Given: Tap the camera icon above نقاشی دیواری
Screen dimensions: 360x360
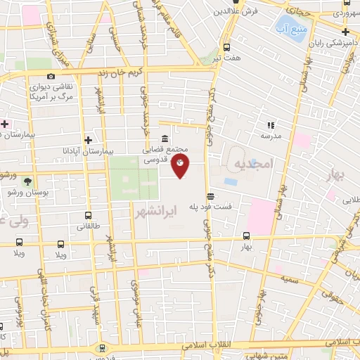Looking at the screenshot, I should coord(51,76).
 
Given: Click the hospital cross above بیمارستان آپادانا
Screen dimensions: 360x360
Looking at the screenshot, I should coord(87,139).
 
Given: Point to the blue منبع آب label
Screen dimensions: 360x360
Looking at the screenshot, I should coord(290,31).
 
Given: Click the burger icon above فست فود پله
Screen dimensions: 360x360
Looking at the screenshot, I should coord(210,196).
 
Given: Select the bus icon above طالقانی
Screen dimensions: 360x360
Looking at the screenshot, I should coord(88,216).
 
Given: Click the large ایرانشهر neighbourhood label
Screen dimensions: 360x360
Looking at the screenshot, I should coord(153,210).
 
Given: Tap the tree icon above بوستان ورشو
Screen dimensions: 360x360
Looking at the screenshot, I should coord(27,181).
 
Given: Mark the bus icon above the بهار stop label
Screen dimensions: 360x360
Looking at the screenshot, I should coord(246,236).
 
